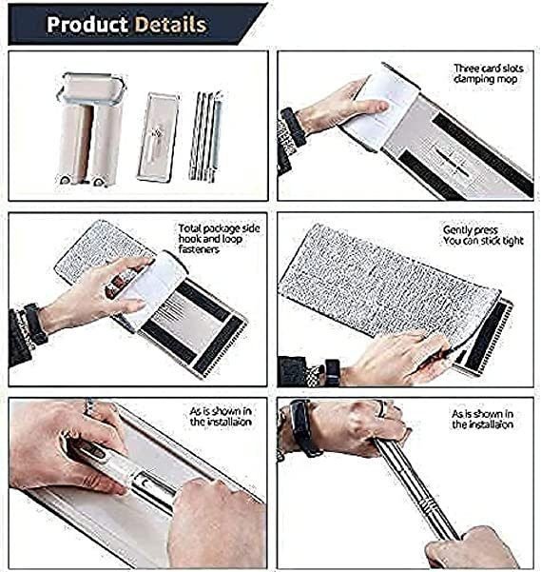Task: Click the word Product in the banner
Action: pyautogui.click(x=87, y=24)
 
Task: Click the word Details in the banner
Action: pyautogui.click(x=170, y=24)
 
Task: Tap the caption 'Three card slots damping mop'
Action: pyautogui.click(x=488, y=73)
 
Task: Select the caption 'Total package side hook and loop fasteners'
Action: pyautogui.click(x=219, y=239)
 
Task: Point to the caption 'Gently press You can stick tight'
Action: pyautogui.click(x=483, y=235)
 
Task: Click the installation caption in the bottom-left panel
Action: pyautogui.click(x=221, y=416)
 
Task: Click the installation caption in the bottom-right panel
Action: pyautogui.click(x=482, y=419)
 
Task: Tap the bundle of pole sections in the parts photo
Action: pyautogui.click(x=205, y=136)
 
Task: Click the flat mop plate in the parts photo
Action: pyautogui.click(x=158, y=137)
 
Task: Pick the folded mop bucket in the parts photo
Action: pyautogui.click(x=90, y=128)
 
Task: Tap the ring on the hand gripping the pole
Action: pyautogui.click(x=380, y=409)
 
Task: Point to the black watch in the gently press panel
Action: pyautogui.click(x=332, y=372)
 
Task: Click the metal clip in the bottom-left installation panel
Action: pyautogui.click(x=151, y=483)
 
